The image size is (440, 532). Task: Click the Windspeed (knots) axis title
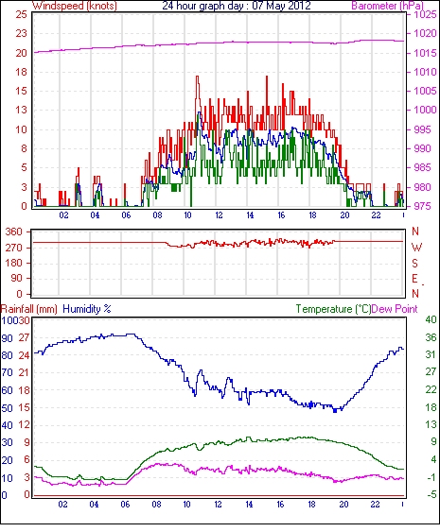coord(75,6)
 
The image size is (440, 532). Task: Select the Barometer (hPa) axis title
coord(387,6)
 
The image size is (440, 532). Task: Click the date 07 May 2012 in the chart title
coord(281,6)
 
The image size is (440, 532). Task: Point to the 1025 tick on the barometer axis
coord(425,14)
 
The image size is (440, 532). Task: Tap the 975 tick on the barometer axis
coord(423,206)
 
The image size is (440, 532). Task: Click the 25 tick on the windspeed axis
coord(21,14)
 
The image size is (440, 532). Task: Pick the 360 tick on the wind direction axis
coord(14,232)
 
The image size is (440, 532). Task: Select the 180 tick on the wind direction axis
coord(14,263)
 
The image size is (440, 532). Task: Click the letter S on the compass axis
coord(414,263)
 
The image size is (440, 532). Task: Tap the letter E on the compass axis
coord(414,279)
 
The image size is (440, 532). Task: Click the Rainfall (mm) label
coord(29,309)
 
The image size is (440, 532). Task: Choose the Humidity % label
coord(87,309)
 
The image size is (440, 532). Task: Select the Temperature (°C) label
coord(333,309)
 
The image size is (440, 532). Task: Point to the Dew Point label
coord(395,309)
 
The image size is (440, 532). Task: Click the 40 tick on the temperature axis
coord(431,319)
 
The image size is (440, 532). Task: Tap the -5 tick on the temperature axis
coord(431,494)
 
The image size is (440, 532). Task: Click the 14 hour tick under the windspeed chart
coord(250,215)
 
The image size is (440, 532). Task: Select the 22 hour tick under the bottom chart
coord(375,505)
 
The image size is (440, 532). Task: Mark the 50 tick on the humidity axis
coord(8,408)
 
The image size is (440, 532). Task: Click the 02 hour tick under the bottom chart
coord(62,505)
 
